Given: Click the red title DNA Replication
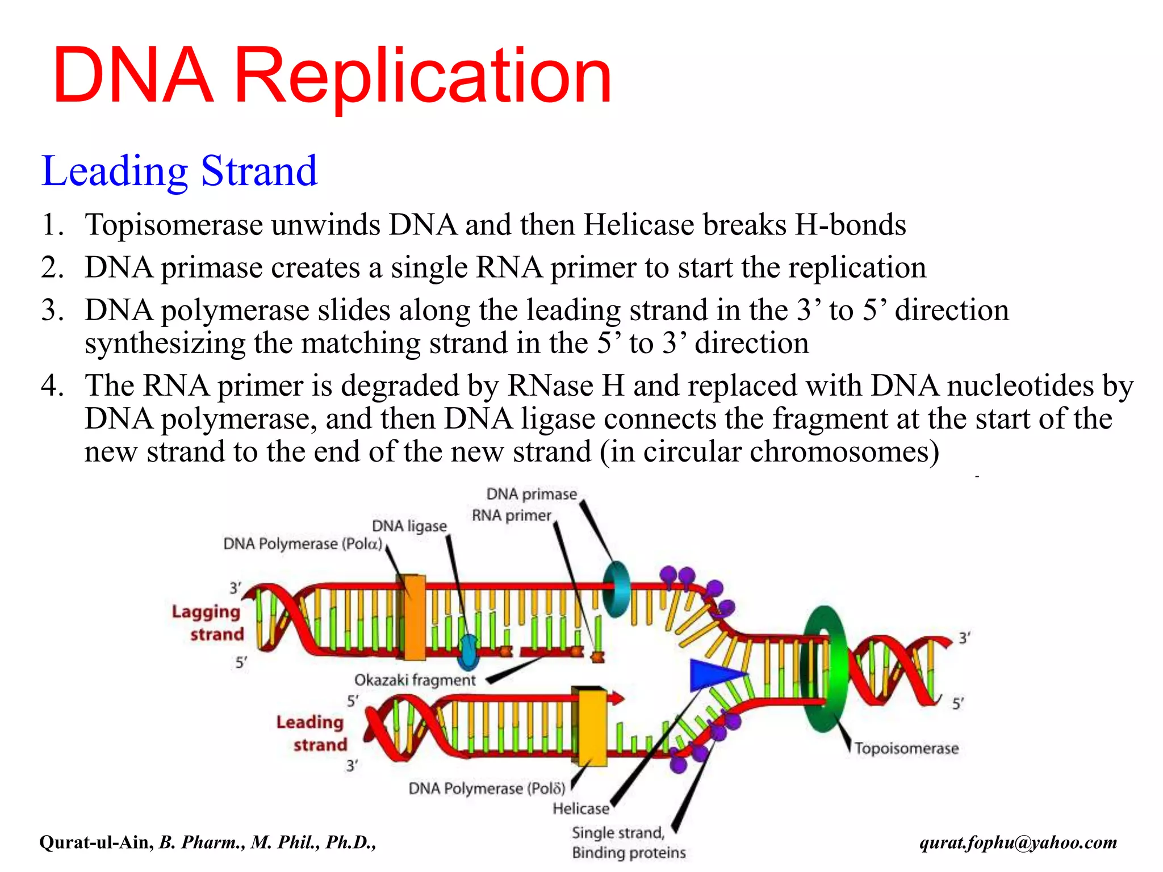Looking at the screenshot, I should [x=332, y=77].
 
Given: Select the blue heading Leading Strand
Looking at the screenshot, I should [x=179, y=171].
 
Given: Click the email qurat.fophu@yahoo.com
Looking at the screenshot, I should [x=1018, y=842].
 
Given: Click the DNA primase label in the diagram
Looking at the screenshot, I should [x=532, y=494].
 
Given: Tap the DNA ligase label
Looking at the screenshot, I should [x=409, y=526].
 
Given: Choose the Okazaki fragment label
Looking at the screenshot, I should [x=415, y=680].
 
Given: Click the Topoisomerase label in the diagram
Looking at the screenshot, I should [x=906, y=748].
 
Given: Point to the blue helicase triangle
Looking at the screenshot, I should [x=713, y=674].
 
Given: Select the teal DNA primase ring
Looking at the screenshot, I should [x=617, y=589].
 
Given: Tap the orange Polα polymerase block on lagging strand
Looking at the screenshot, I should [x=414, y=618].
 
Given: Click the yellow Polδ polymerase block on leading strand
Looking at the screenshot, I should [x=592, y=727].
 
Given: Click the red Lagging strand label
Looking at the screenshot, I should [x=208, y=623].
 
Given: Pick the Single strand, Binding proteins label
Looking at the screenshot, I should [x=628, y=842].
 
